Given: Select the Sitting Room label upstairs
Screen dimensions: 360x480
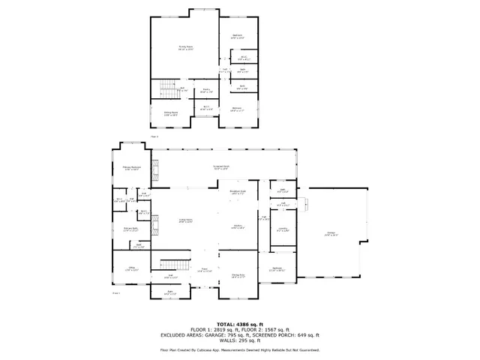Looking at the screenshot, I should [171, 114].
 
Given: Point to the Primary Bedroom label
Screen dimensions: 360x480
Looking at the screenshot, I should [132, 169].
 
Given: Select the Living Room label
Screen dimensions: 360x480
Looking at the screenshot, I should [185, 220].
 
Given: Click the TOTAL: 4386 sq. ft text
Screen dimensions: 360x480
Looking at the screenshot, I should [239, 322].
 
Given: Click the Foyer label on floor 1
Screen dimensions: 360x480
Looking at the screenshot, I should [202, 269].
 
